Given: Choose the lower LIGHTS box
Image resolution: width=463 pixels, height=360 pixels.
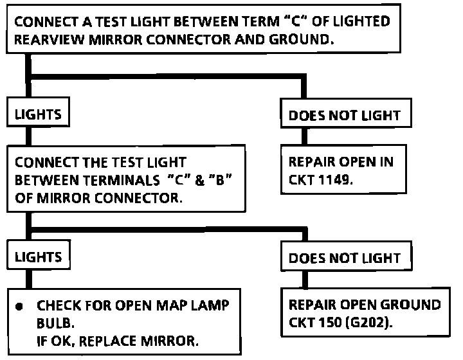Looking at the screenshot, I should (38, 256).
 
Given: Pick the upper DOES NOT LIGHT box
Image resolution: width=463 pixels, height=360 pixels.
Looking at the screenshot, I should (345, 116).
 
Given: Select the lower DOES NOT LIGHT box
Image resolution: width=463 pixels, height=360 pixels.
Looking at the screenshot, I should (345, 258).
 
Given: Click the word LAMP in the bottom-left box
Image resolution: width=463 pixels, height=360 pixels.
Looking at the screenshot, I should (205, 305).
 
